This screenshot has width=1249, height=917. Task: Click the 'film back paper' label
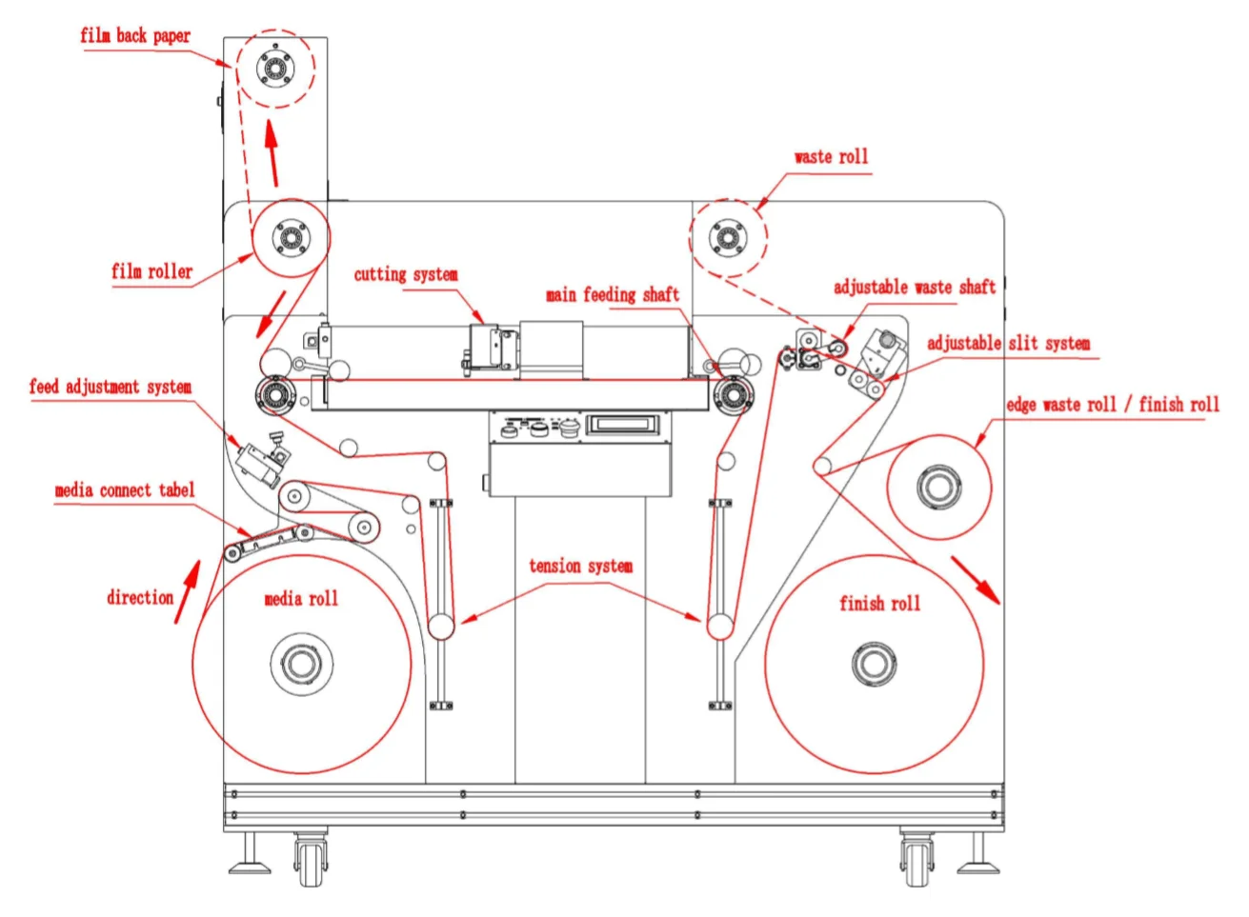pyautogui.click(x=134, y=36)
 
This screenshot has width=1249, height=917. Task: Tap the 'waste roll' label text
pyautogui.click(x=831, y=157)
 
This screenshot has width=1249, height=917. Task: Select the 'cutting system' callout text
pyautogui.click(x=406, y=275)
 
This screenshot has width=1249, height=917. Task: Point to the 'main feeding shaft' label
pyautogui.click(x=612, y=295)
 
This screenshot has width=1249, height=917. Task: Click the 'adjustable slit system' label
pyautogui.click(x=1008, y=344)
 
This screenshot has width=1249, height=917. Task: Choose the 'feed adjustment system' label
pyautogui.click(x=110, y=388)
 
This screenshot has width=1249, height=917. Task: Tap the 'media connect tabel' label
pyautogui.click(x=124, y=491)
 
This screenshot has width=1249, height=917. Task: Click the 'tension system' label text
pyautogui.click(x=580, y=567)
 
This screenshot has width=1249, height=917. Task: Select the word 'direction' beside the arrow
pyautogui.click(x=139, y=598)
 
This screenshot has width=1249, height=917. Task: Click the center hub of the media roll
pyautogui.click(x=301, y=664)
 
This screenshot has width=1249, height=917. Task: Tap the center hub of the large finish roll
pyautogui.click(x=874, y=664)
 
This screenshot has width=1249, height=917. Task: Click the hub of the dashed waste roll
pyautogui.click(x=728, y=238)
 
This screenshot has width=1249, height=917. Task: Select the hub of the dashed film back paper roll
pyautogui.click(x=274, y=68)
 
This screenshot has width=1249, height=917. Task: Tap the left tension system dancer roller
pyautogui.click(x=440, y=626)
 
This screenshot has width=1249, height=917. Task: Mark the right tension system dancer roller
pyautogui.click(x=719, y=626)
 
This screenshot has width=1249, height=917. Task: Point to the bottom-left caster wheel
pyautogui.click(x=310, y=865)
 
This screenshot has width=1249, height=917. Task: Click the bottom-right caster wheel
pyautogui.click(x=917, y=865)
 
